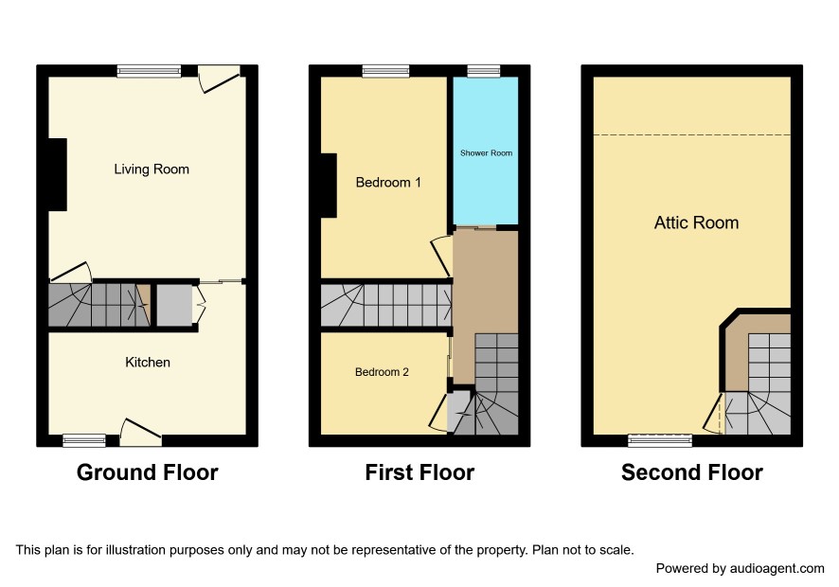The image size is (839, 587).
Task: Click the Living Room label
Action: pyautogui.click(x=152, y=169)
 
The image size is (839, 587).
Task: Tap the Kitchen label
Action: pyautogui.click(x=148, y=363)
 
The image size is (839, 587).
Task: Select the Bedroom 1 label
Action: pyautogui.click(x=388, y=183)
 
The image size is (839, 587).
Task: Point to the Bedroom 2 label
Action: pyautogui.click(x=382, y=372)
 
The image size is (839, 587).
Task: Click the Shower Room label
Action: pyautogui.click(x=487, y=153)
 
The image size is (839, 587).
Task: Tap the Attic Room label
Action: pyautogui.click(x=697, y=222)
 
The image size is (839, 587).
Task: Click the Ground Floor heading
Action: pyautogui.click(x=147, y=472)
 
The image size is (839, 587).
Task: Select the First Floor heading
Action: pyautogui.click(x=419, y=472)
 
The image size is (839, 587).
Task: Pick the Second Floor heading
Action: pyautogui.click(x=692, y=472)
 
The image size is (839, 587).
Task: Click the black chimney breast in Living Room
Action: pyautogui.click(x=58, y=174)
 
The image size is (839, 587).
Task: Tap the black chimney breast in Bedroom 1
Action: pyautogui.click(x=329, y=186)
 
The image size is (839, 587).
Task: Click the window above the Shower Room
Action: pyautogui.click(x=484, y=71)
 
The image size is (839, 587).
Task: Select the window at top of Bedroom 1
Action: pyautogui.click(x=385, y=71)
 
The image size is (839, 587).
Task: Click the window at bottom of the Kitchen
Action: pyautogui.click(x=84, y=440)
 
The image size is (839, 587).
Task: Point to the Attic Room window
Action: pyautogui.click(x=660, y=440)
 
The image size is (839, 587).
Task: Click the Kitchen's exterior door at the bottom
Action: pyautogui.click(x=140, y=433)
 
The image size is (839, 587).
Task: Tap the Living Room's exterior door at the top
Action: pyautogui.click(x=219, y=79)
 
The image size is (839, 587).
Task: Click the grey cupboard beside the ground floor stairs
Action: pyautogui.click(x=174, y=306)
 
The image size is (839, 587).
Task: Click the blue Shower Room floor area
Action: pyautogui.click(x=486, y=151)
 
